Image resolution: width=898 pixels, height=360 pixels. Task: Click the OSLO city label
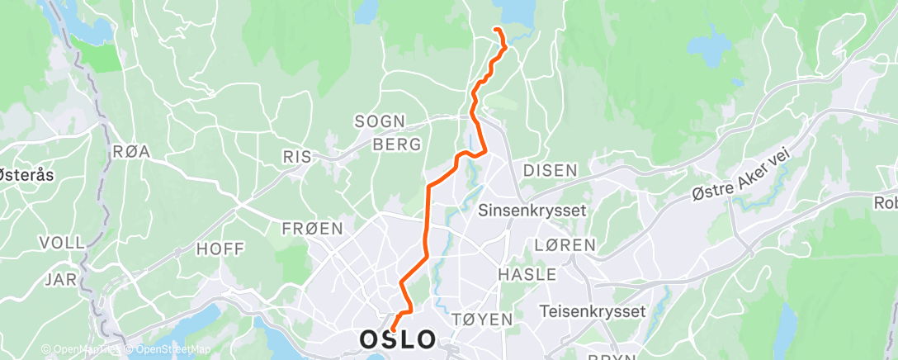pyautogui.click(x=398, y=339)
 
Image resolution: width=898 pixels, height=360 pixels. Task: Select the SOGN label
pyautogui.click(x=380, y=121)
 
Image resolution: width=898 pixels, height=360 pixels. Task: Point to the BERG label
pyautogui.click(x=397, y=144)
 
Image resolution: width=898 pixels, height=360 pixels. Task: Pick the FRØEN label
pyautogui.click(x=312, y=229)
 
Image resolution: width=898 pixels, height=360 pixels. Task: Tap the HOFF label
pyautogui.click(x=216, y=247)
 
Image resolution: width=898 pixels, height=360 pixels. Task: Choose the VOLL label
pyautogui.click(x=62, y=243)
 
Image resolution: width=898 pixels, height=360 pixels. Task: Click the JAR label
pyautogui.click(x=61, y=279)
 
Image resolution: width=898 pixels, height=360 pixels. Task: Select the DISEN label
pyautogui.click(x=550, y=170)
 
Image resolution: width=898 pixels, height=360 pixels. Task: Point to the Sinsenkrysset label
pyautogui.click(x=532, y=210)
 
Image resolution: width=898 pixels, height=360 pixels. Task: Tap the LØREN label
pyautogui.click(x=565, y=245)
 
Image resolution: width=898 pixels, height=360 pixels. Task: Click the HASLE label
pyautogui.click(x=527, y=274)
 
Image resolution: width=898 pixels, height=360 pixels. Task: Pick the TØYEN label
pyautogui.click(x=483, y=319)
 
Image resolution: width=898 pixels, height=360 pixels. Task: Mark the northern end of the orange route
pyautogui.click(x=495, y=30)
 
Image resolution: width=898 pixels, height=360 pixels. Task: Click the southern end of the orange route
pyautogui.click(x=393, y=329)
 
